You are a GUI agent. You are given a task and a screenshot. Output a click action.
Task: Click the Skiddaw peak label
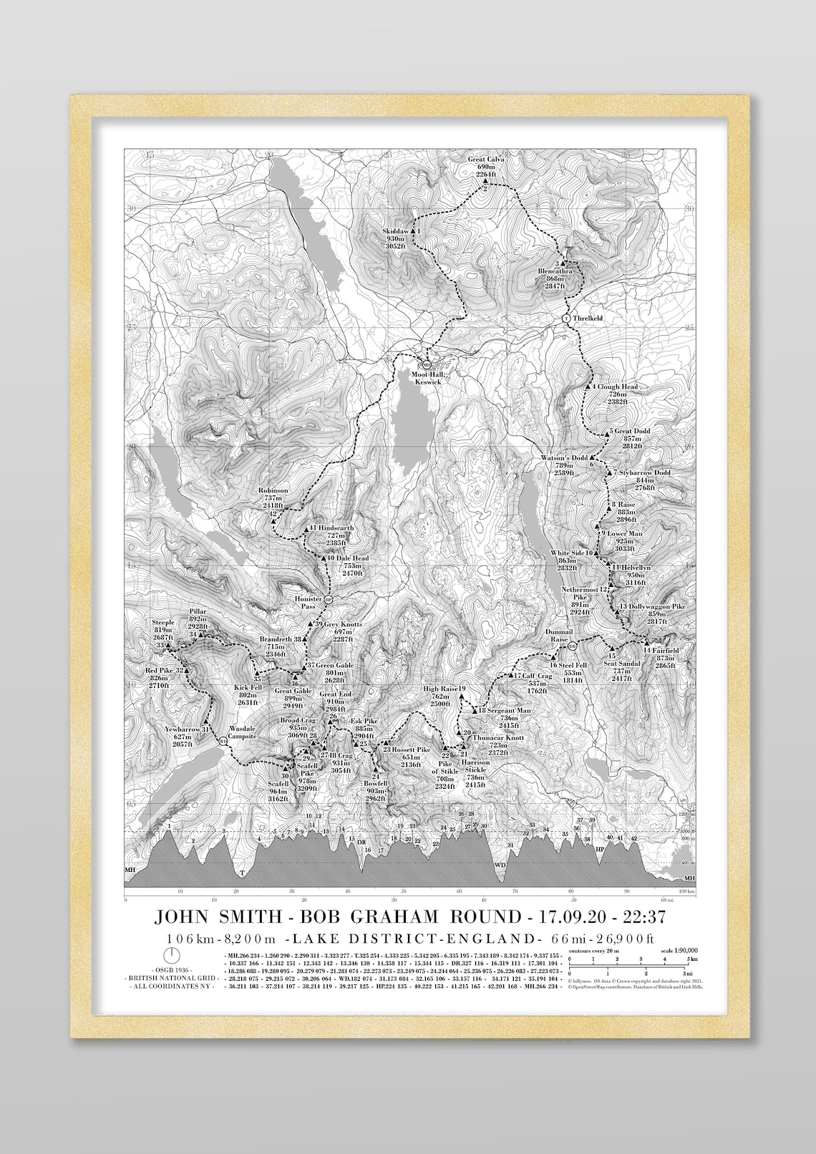[x=394, y=231]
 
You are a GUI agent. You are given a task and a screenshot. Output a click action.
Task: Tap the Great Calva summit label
[x=486, y=160]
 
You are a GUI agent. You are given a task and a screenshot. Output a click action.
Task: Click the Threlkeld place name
[x=588, y=318]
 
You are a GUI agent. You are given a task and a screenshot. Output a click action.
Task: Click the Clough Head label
[x=617, y=387]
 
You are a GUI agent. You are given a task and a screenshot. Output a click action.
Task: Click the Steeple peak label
[x=163, y=623]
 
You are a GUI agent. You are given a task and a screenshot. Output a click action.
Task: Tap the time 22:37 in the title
[x=645, y=916]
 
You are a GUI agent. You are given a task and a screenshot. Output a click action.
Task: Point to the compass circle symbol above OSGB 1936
[x=171, y=955]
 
